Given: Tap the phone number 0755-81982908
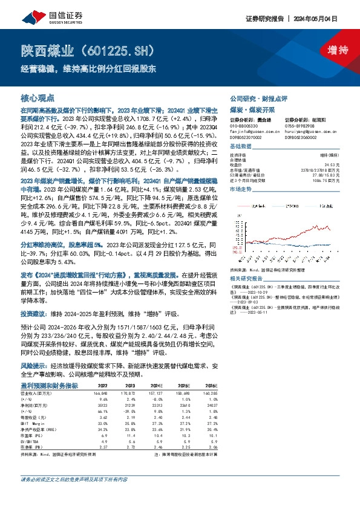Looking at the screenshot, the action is (301, 125).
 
